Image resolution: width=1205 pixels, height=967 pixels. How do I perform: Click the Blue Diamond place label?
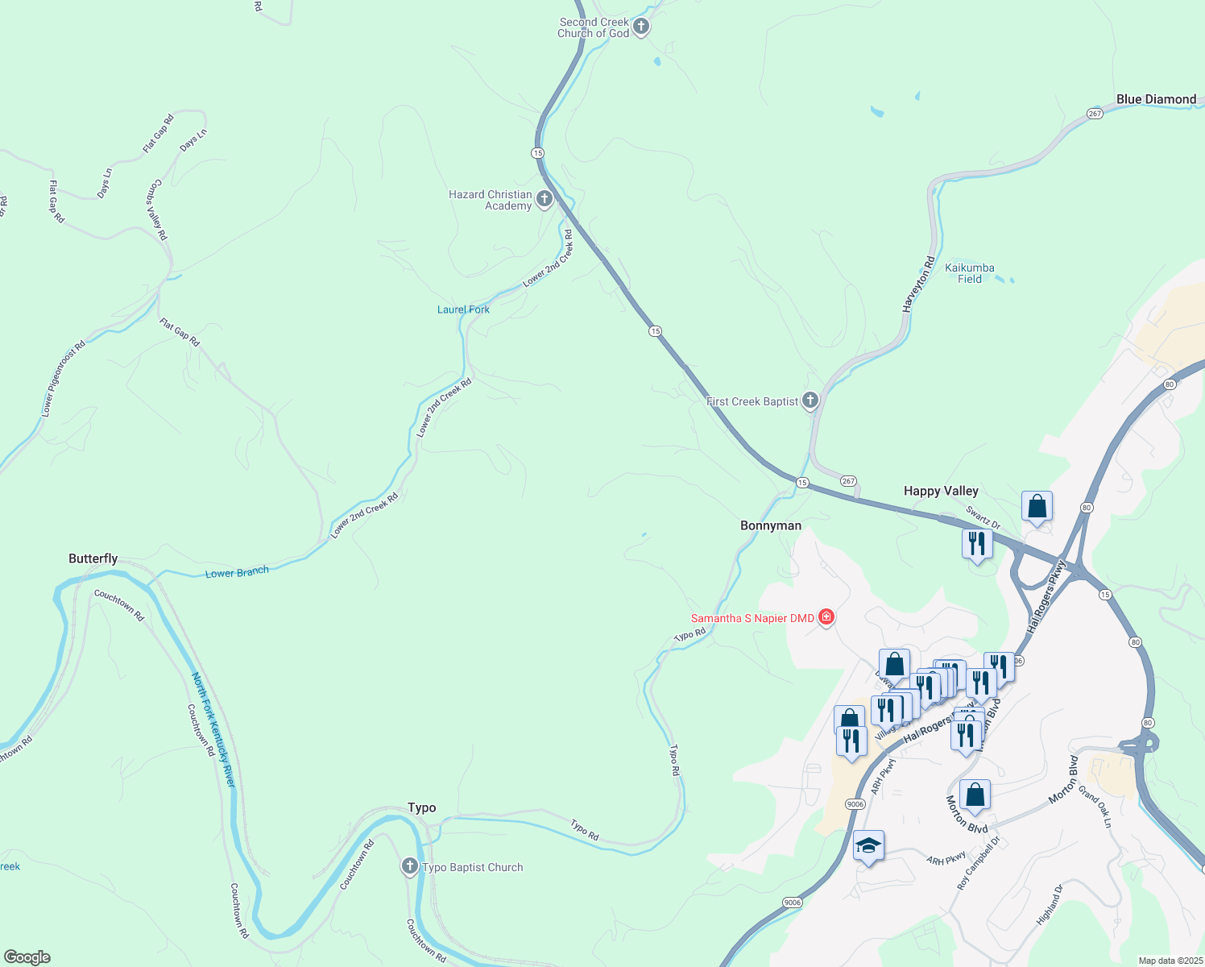click(1156, 99)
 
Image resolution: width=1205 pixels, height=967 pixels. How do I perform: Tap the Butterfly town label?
click(93, 558)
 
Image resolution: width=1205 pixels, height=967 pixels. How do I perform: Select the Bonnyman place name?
click(771, 525)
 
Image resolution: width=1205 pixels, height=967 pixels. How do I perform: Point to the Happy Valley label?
click(941, 491)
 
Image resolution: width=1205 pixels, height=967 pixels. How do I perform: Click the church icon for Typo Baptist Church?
click(410, 867)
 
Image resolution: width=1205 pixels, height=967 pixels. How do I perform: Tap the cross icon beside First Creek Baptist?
click(810, 400)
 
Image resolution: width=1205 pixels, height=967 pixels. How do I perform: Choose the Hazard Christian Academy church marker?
click(545, 198)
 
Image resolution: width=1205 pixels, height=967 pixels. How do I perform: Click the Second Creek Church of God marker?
click(641, 27)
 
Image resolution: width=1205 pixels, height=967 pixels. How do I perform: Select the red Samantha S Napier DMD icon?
click(826, 618)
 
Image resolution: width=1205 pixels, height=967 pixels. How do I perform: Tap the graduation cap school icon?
click(868, 846)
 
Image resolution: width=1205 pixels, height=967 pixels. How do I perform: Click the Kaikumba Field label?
click(970, 273)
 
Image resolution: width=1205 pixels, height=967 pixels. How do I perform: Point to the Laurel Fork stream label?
click(463, 309)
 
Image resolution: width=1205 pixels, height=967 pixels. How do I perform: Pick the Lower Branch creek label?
click(237, 573)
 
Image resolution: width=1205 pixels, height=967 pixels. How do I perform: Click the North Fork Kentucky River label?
click(213, 730)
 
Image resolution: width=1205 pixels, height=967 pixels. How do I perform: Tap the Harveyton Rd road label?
click(918, 284)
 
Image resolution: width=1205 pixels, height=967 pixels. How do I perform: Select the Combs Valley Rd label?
click(156, 210)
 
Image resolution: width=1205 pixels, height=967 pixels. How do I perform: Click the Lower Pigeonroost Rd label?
click(63, 380)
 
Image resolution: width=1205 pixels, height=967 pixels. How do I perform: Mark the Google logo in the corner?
click(27, 957)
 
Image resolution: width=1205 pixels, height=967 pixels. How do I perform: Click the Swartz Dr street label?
click(983, 518)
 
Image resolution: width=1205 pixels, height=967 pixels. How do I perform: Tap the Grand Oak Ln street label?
click(1095, 807)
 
